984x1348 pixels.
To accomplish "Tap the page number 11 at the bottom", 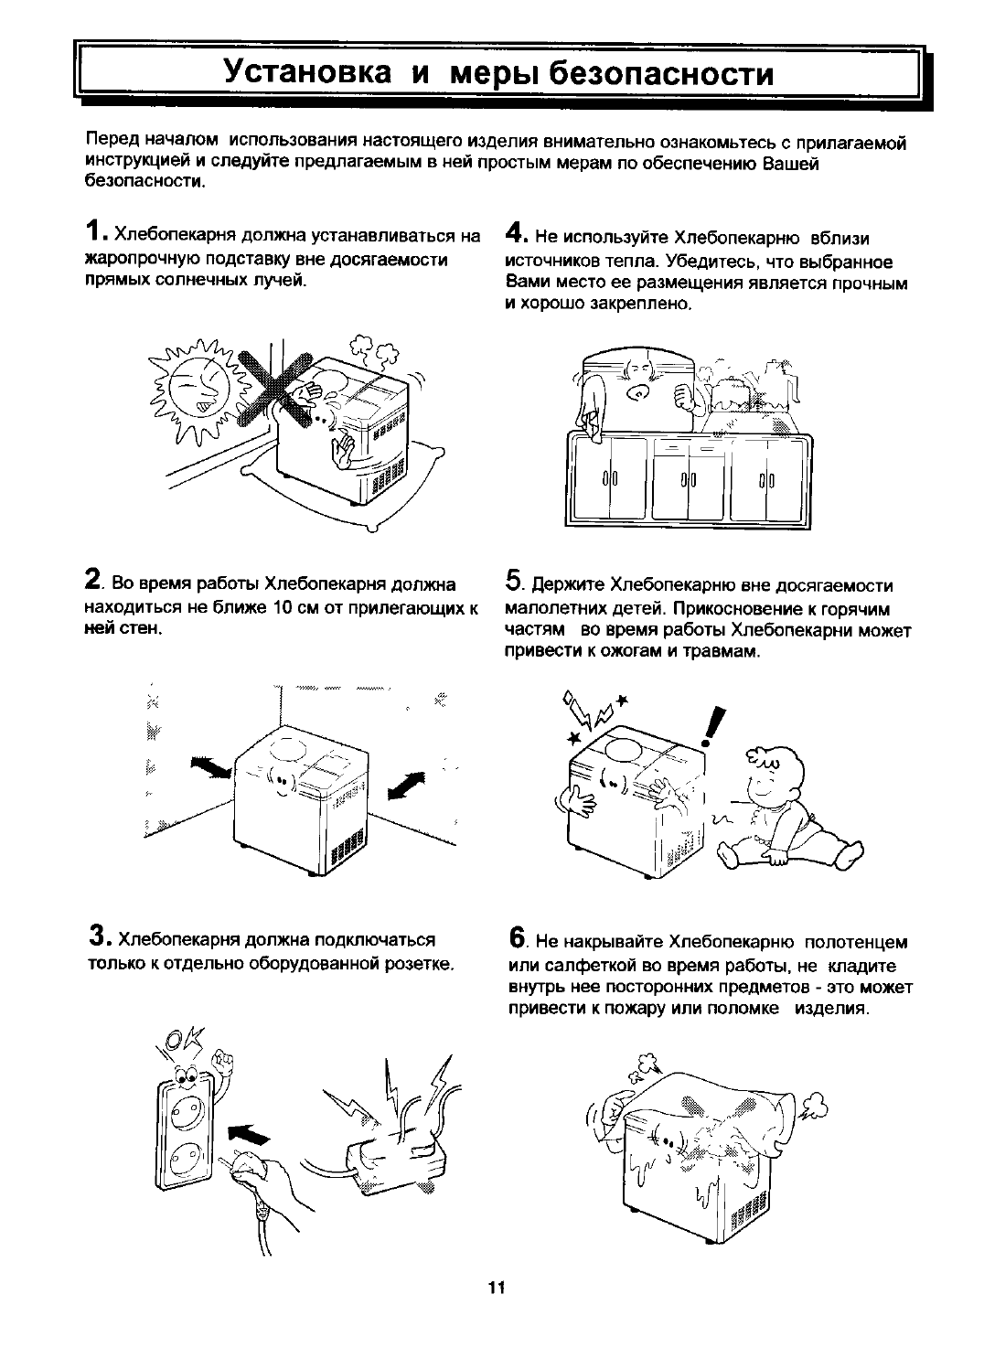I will pos(496,1288).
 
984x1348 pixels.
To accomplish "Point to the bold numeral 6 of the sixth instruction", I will pos(517,937).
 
